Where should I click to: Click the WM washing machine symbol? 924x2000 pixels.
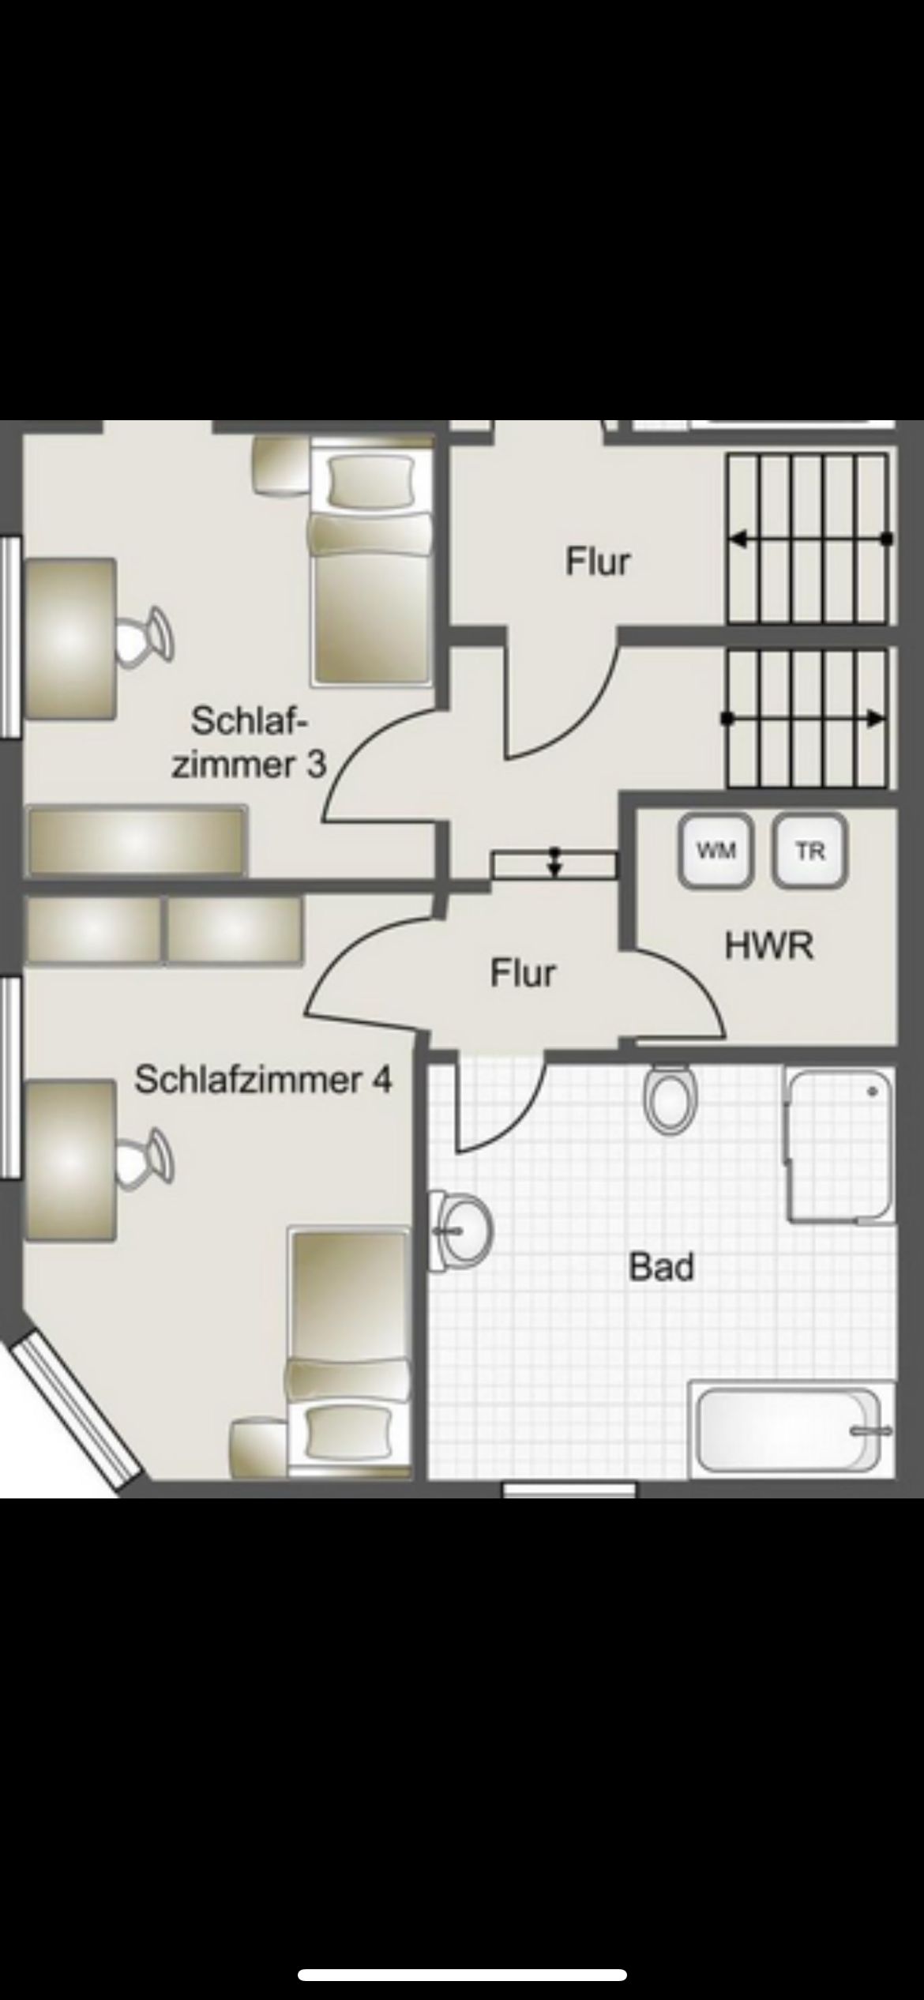[716, 851]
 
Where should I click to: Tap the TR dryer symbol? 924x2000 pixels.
[810, 851]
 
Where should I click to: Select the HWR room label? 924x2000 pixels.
[769, 946]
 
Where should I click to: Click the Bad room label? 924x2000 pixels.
[662, 1267]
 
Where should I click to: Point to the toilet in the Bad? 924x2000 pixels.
[670, 1098]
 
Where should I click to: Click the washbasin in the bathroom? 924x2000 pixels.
[460, 1231]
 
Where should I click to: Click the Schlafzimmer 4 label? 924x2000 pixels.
[263, 1080]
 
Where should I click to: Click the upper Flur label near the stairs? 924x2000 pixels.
[598, 562]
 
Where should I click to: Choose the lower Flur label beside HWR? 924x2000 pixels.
[523, 972]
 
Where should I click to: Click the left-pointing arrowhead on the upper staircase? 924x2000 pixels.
[738, 540]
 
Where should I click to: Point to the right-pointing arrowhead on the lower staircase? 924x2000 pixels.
[875, 719]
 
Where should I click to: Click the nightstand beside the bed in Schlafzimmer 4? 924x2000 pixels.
[259, 1449]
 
